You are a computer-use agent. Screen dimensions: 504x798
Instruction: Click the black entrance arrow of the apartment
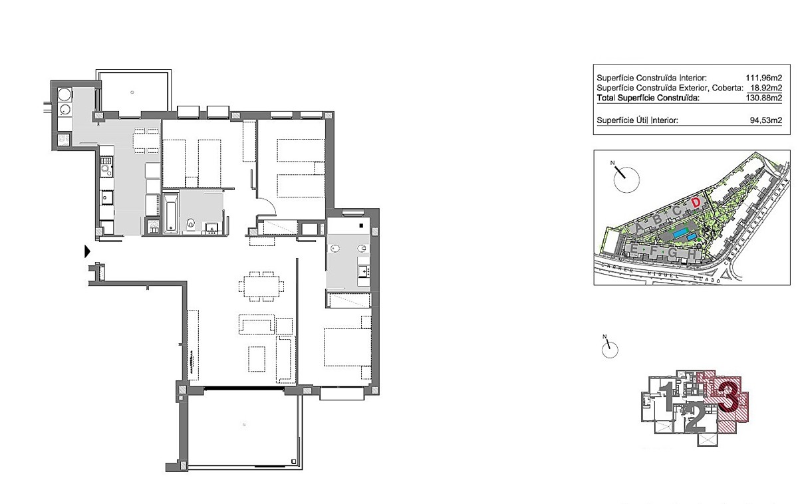coord(86,251)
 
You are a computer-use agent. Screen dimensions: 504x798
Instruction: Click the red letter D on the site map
coord(696,201)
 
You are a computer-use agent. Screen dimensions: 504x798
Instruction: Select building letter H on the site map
coord(693,255)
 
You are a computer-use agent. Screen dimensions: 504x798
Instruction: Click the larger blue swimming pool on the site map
coord(680,235)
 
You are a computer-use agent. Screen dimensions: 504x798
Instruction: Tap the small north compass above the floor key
coord(610,349)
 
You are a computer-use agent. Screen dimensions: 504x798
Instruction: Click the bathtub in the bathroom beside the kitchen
coord(170,213)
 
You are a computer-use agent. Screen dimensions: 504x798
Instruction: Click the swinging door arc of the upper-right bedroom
coord(267,207)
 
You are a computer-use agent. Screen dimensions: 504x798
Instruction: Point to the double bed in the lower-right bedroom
coord(346,346)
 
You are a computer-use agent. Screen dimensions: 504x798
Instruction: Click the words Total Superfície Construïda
coord(647,98)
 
